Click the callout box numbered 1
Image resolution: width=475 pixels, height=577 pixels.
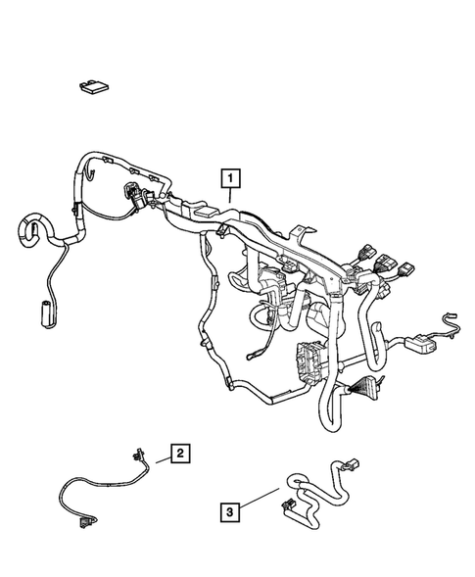click(230, 178)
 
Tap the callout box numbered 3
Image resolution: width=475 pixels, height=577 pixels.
click(227, 511)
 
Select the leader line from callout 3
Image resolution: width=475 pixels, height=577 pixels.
click(257, 503)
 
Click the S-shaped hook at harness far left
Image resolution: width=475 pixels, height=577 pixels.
click(29, 231)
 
